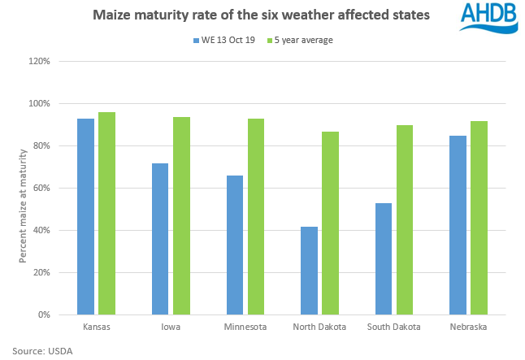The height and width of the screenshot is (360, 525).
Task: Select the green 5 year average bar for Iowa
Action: pyautogui.click(x=181, y=215)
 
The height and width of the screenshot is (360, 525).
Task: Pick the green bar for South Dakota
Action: pyautogui.click(x=405, y=219)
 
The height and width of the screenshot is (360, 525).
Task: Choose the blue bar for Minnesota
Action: pyautogui.click(x=234, y=245)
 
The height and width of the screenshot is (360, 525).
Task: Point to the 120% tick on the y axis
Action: pyautogui.click(x=40, y=62)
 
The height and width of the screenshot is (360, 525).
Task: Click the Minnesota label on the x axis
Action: pyautogui.click(x=245, y=327)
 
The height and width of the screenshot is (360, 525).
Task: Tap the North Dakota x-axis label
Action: pyautogui.click(x=319, y=327)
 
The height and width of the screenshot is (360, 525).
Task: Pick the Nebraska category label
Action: pyautogui.click(x=469, y=327)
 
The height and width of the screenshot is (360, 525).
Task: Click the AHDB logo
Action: pyautogui.click(x=488, y=17)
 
